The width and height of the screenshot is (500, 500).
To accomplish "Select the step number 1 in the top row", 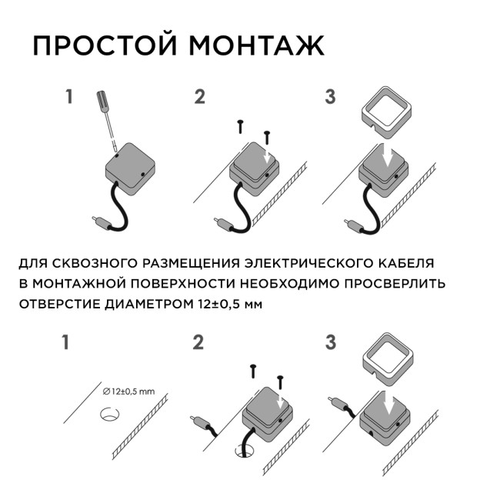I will pos(69,98).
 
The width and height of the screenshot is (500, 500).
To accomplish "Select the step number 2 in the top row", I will pos(200,98).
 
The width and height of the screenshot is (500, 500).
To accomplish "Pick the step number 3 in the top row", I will pos(331,98).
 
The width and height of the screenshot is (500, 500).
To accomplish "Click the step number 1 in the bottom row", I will pos(68,342).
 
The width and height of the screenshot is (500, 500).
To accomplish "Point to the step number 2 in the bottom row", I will pos(198,342).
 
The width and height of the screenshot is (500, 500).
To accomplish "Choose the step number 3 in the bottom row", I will pos(331,342).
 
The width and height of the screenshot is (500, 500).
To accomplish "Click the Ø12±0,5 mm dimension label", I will pos(128,392).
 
